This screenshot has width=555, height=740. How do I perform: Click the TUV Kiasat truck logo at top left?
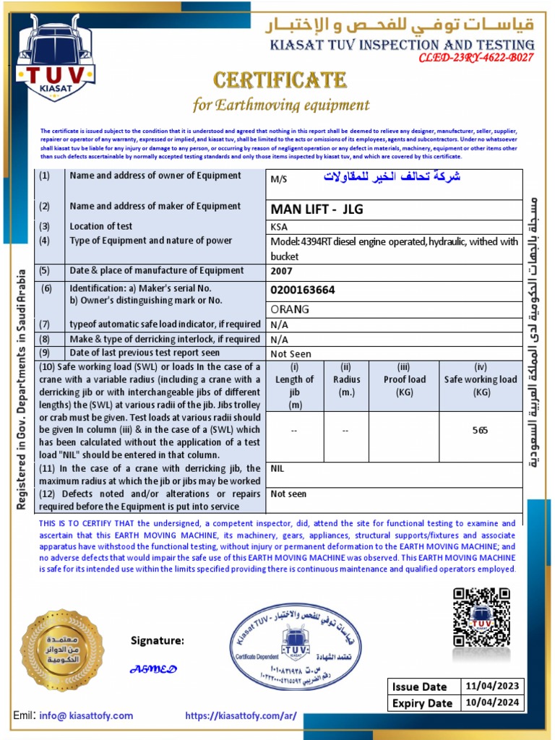click(x=56, y=61)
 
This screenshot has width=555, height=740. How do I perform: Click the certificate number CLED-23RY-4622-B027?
click(x=476, y=58)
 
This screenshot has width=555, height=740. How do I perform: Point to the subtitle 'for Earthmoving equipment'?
click(x=280, y=105)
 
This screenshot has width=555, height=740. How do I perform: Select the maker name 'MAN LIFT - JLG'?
click(x=317, y=210)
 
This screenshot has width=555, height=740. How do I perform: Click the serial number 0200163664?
click(x=303, y=290)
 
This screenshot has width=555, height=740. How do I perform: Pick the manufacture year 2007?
click(x=282, y=272)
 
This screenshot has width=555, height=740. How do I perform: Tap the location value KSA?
click(x=279, y=226)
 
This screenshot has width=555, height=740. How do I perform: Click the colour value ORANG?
click(x=290, y=309)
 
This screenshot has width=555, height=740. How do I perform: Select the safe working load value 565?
click(x=480, y=430)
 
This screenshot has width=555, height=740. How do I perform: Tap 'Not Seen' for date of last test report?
click(x=291, y=354)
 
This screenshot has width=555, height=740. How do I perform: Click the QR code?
click(x=481, y=617)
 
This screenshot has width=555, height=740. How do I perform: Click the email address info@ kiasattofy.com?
click(x=86, y=715)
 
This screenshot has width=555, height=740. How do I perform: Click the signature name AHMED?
click(x=153, y=669)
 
